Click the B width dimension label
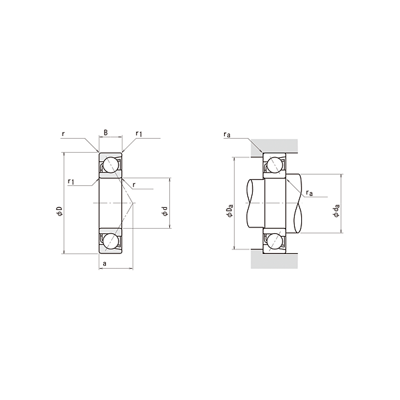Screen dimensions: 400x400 [106, 133]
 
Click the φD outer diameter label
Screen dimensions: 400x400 [59, 211]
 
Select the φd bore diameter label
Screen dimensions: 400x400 [165, 211]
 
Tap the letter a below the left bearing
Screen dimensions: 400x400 [105, 263]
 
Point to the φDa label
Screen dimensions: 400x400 [230, 211]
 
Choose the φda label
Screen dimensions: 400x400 [336, 211]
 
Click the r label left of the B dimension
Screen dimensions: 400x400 [63, 133]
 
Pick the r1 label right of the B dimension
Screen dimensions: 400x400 [139, 133]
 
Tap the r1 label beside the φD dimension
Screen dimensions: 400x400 [71, 181]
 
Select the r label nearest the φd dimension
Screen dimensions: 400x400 [134, 185]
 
